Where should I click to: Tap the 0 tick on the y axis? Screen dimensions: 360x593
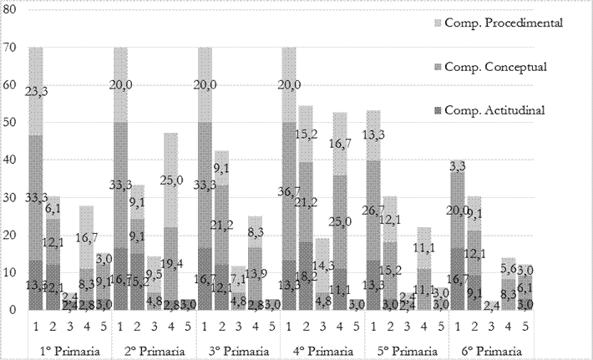click(x=12, y=310)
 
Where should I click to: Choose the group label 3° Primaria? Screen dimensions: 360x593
click(x=238, y=348)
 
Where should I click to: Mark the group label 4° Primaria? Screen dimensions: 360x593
click(x=322, y=348)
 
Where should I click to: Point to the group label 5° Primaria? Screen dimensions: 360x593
click(x=406, y=348)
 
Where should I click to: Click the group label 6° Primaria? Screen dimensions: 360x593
click(x=490, y=348)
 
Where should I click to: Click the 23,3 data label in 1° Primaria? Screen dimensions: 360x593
click(x=35, y=93)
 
